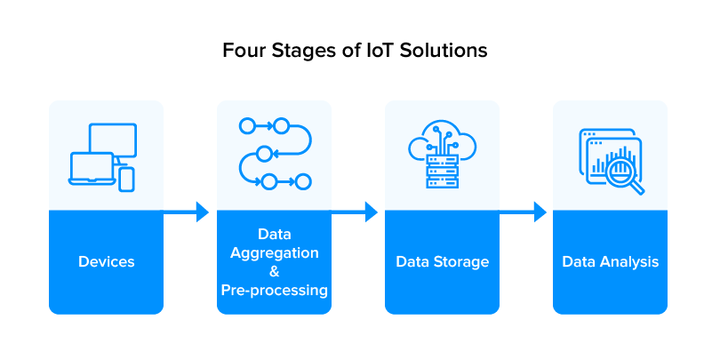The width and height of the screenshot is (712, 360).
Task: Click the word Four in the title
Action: [242, 51]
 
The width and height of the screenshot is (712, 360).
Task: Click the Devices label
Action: [106, 261]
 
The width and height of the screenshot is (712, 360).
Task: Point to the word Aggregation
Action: [274, 252]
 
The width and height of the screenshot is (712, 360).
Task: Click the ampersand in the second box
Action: [274, 271]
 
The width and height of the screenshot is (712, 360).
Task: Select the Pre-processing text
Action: [274, 290]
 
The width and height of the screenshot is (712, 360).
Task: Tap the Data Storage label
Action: [442, 261]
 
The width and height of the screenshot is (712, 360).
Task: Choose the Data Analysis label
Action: [610, 261]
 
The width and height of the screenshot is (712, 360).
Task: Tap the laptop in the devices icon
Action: [92, 169]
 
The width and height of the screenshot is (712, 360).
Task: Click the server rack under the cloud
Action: [442, 171]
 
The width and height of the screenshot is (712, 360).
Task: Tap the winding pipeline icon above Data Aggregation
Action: [274, 153]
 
